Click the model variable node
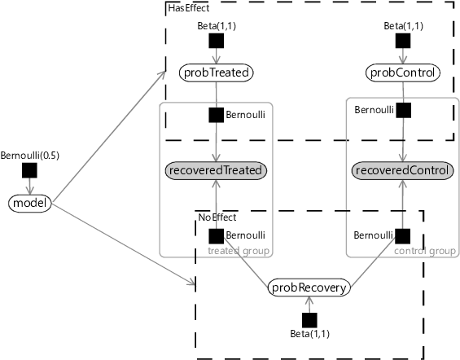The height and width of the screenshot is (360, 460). click(30, 204)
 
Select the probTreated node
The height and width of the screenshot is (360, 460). click(217, 72)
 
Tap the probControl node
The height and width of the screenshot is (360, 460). click(403, 72)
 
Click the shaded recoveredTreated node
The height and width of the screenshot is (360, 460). click(217, 170)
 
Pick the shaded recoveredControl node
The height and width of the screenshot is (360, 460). click(403, 170)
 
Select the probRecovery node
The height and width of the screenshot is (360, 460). click(309, 288)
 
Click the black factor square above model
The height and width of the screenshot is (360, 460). click(29, 170)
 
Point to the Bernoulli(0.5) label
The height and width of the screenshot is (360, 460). click(29, 156)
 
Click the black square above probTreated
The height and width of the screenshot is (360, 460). click(217, 41)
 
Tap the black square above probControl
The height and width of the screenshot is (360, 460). click(403, 41)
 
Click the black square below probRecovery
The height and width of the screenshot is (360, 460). click(309, 320)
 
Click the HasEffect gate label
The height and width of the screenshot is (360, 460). click(189, 8)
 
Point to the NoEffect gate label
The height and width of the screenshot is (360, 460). click(217, 217)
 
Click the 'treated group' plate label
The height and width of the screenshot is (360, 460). click(239, 251)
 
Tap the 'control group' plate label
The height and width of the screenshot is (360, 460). click(425, 251)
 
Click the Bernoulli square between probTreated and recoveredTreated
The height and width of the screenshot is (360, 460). click(217, 115)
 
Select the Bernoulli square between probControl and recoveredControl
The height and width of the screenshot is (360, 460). click(403, 110)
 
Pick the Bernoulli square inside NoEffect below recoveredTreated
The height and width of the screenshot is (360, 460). click(217, 236)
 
